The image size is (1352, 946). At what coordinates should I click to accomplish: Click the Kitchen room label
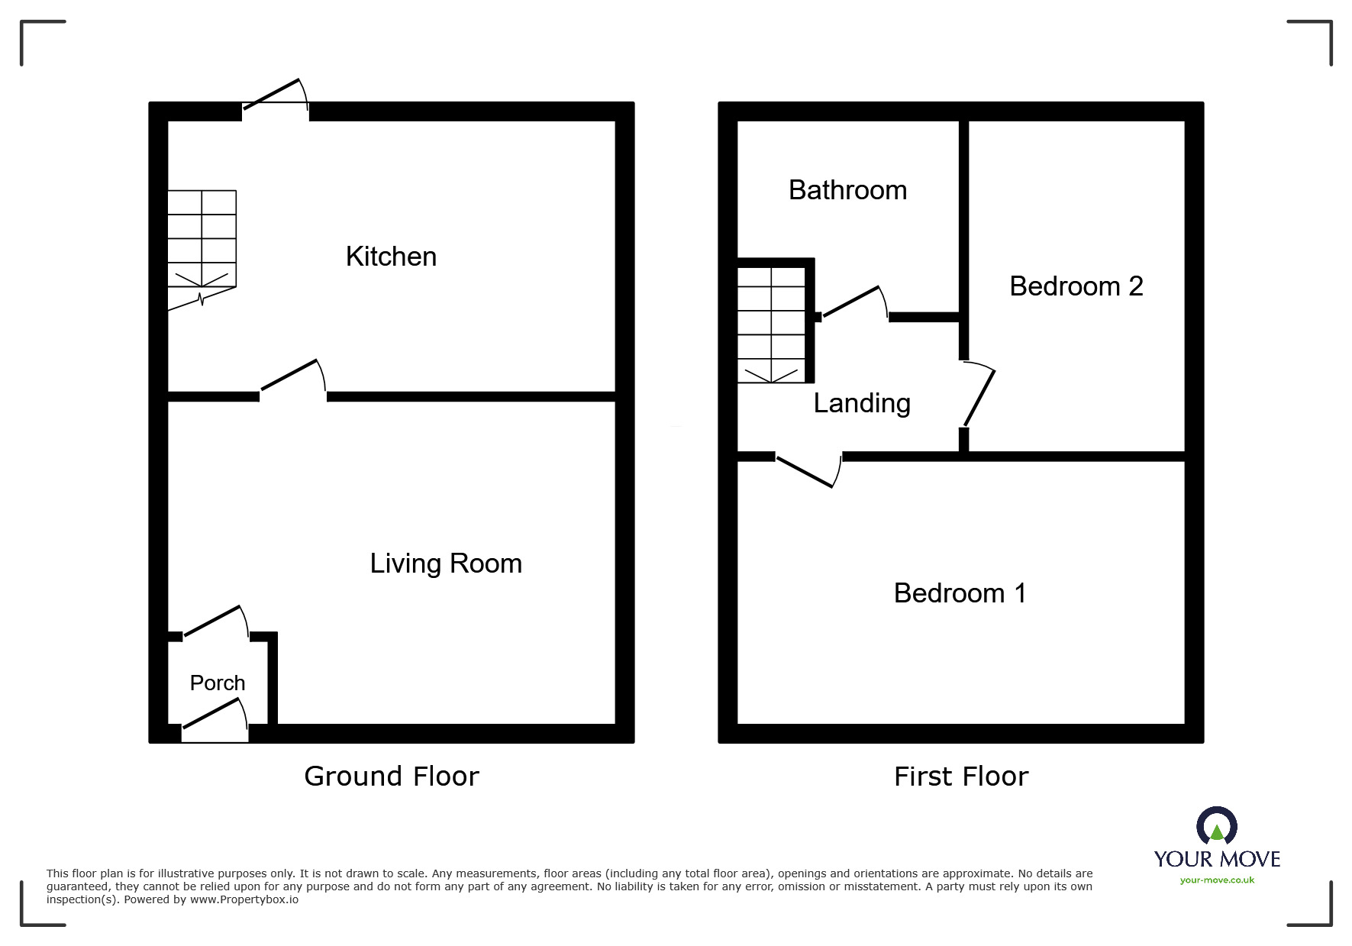pos(391,257)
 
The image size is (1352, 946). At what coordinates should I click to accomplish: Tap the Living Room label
pos(446,563)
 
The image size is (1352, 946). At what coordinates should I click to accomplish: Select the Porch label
pos(218,683)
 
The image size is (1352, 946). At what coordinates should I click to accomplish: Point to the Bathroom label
pos(847,190)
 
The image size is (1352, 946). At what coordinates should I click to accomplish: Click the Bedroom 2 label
pos(1076,286)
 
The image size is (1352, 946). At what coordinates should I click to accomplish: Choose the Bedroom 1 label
pos(960,593)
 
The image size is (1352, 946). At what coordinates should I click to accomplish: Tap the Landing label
pos(862,403)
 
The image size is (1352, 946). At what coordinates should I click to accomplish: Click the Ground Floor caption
pos(392,776)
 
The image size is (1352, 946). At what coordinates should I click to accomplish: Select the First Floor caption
pos(961,776)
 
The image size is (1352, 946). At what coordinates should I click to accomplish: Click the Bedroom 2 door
pos(979,397)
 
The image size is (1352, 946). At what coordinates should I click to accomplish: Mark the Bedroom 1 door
pos(808,470)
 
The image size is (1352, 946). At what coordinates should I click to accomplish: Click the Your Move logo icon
pos(1217,827)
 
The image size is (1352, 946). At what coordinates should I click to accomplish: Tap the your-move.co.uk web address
pos(1217,880)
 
